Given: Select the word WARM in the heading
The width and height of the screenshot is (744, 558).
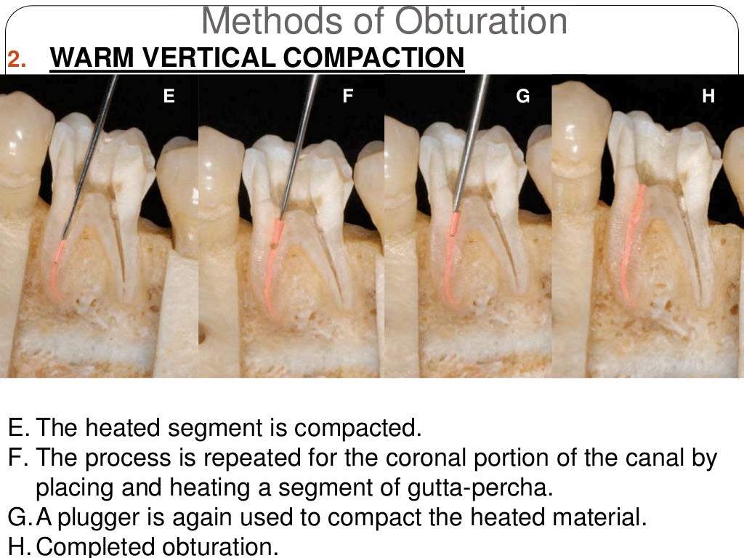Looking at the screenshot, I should coord(86,58).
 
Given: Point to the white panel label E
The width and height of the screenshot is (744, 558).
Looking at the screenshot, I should coord(169,95).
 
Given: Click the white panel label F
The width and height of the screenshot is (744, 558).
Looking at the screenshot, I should coord(348,95).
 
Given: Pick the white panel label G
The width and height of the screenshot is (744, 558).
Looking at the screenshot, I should coord(523,95).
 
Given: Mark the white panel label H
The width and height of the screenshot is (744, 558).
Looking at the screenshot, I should coord(709,95).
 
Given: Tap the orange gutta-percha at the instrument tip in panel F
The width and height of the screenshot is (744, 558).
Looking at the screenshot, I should coord(278,231).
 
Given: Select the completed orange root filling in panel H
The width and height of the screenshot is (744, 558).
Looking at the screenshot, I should coord(633,232).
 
